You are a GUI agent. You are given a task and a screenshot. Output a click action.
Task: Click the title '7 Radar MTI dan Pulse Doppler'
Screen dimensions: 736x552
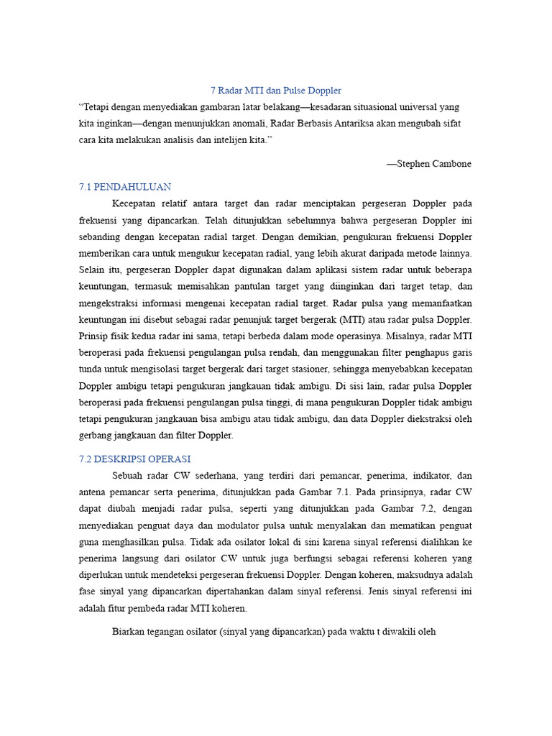275,91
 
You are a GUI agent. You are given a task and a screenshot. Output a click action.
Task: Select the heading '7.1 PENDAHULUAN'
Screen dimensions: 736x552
125,187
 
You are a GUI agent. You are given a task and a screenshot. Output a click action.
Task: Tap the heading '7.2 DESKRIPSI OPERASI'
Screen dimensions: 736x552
134,459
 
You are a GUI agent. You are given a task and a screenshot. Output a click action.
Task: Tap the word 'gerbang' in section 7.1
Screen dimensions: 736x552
96,435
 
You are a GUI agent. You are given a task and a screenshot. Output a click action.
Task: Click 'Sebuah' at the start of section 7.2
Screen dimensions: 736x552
129,476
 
